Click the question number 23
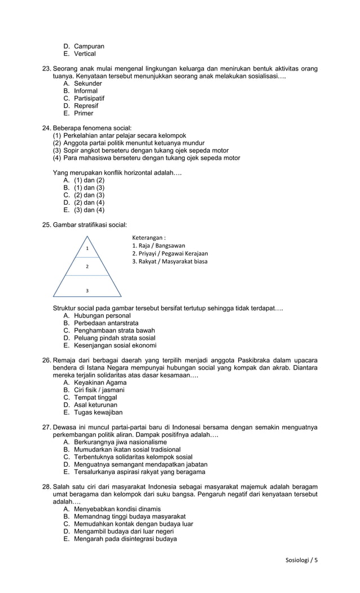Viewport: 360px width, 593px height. coord(47,69)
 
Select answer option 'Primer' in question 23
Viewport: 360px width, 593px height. coord(84,113)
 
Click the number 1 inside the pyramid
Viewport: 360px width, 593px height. coord(87,248)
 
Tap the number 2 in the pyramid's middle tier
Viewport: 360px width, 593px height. coord(87,266)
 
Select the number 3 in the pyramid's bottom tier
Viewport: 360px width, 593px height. coord(87,290)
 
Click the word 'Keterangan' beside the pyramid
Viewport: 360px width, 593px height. coord(148,238)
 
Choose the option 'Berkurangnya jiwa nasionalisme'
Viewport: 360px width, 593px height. coord(120,442)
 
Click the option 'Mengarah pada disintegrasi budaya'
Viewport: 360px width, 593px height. coord(125,539)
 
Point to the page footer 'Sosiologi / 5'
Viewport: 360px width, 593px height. coord(302,560)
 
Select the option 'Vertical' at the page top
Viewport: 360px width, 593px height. coord(85,54)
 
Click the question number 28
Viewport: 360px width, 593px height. coord(47,486)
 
